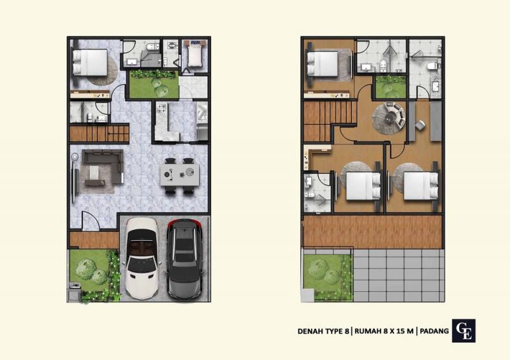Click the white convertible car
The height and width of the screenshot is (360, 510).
click(142, 259)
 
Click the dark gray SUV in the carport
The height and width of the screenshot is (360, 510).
click(185, 259)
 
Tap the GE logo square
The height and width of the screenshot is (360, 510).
click(463, 331)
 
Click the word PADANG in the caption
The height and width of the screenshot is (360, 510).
click(434, 331)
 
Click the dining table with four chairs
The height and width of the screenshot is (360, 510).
click(180, 176)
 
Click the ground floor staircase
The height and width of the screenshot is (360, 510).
click(99, 133)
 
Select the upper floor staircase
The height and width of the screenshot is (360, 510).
click(329, 121)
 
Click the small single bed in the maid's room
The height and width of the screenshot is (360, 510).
click(194, 54)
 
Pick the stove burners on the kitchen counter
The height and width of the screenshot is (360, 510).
click(162, 110)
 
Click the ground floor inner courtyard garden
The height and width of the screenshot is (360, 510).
click(154, 84)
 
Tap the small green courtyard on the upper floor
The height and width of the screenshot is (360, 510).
click(390, 87)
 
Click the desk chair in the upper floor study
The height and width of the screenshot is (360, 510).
click(420, 124)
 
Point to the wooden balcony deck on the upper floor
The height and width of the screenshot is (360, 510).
click(373, 232)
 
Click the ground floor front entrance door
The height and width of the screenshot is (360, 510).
click(90, 221)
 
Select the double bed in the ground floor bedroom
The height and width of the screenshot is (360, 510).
click(90, 62)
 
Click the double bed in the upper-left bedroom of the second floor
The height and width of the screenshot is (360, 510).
click(323, 64)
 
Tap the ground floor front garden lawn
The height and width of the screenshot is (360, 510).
click(89, 270)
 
